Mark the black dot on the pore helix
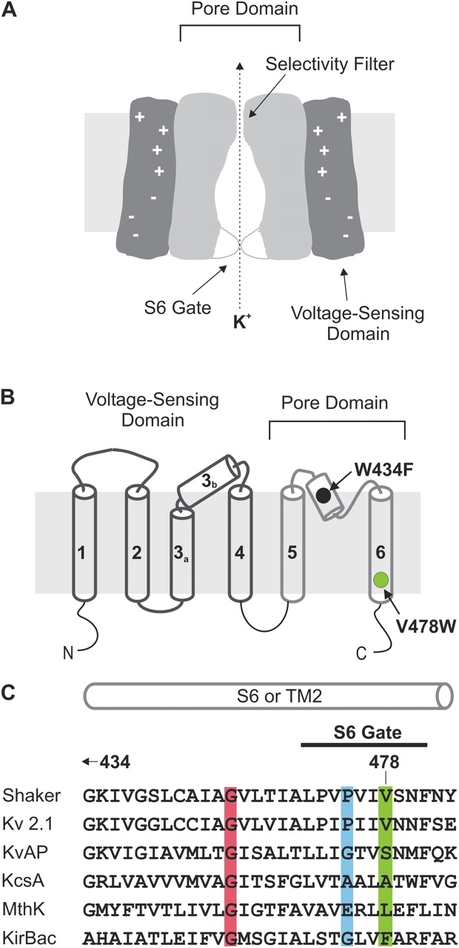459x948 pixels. (324, 495)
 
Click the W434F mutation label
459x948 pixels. (383, 467)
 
